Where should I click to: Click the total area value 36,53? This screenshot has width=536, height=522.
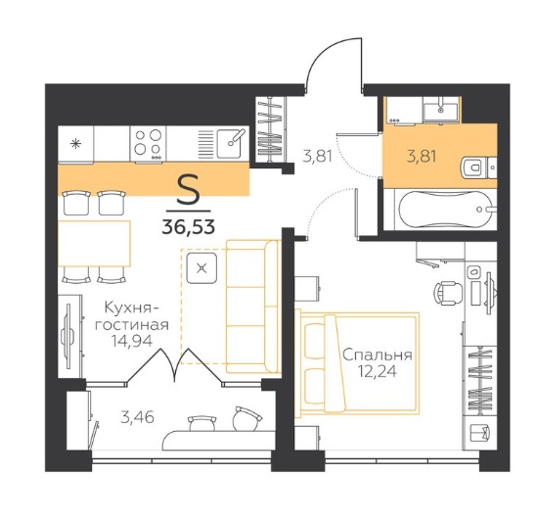189,226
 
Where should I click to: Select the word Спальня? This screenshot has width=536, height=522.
377,356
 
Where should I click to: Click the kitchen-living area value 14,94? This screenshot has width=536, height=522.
132,341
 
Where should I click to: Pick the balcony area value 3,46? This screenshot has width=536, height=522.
137,417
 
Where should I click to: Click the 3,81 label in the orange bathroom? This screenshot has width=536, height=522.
422,157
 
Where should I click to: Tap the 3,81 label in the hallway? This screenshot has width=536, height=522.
317,157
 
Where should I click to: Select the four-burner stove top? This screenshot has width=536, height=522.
148,143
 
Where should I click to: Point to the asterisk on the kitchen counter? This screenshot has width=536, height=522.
75,143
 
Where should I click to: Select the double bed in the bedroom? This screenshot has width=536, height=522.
358,363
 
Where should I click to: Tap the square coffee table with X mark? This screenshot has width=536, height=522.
201,268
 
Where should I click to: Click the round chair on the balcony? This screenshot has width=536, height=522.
246,418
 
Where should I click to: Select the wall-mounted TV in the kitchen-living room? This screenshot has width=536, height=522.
68,336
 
